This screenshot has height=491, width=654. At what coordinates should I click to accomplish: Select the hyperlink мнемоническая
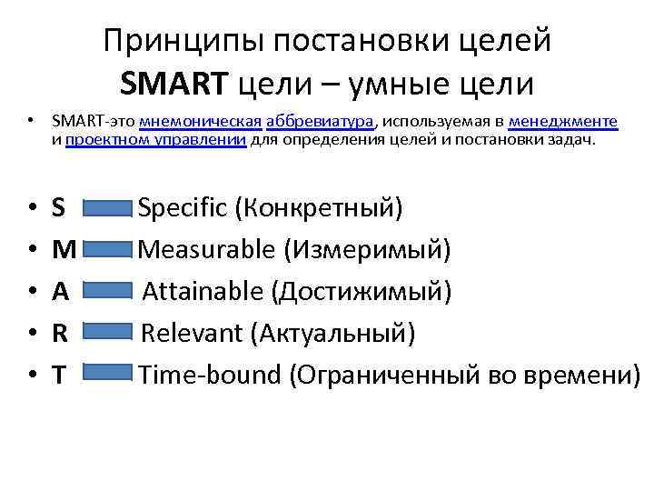pyautogui.click(x=201, y=121)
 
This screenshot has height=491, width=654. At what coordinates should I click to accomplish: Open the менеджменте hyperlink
pyautogui.click(x=563, y=121)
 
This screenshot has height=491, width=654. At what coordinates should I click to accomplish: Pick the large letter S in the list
pyautogui.click(x=59, y=208)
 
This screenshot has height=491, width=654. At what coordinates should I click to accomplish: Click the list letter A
pyautogui.click(x=60, y=291)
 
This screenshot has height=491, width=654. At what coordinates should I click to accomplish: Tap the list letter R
pyautogui.click(x=59, y=333)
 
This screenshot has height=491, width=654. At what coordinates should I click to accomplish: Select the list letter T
pyautogui.click(x=58, y=374)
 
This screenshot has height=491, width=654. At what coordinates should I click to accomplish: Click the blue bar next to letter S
pyautogui.click(x=107, y=209)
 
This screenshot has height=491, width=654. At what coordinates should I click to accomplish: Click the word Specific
pyautogui.click(x=182, y=208)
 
